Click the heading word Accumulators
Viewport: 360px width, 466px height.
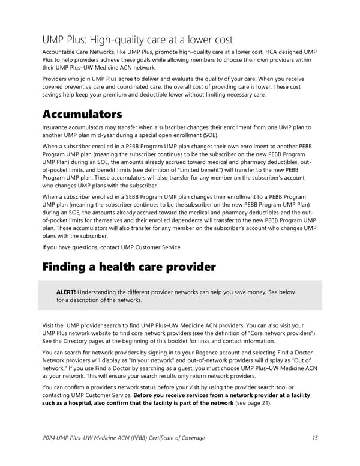pos(82,114)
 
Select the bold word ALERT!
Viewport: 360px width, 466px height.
pos(66,292)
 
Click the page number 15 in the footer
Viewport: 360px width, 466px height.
pos(315,438)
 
